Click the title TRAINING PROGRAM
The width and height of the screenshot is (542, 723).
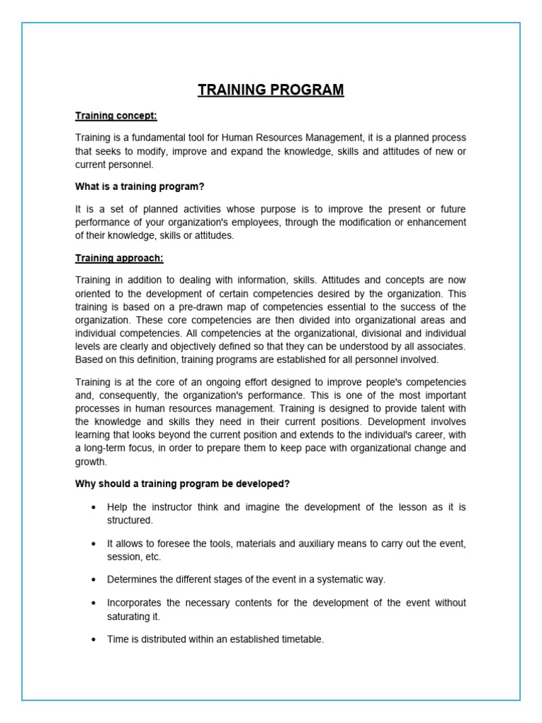(x=271, y=90)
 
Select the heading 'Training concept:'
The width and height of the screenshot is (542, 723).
(x=116, y=115)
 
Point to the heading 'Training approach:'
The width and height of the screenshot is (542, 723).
(x=119, y=258)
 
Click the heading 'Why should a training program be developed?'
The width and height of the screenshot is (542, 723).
(x=182, y=484)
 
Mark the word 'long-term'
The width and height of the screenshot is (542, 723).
(x=108, y=448)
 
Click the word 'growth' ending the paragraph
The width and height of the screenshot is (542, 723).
(x=91, y=462)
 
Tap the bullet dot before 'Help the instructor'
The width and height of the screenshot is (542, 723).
(x=94, y=508)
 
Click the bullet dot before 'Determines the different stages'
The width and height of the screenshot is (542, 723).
(x=94, y=580)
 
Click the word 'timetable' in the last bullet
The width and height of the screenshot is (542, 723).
(x=300, y=639)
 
